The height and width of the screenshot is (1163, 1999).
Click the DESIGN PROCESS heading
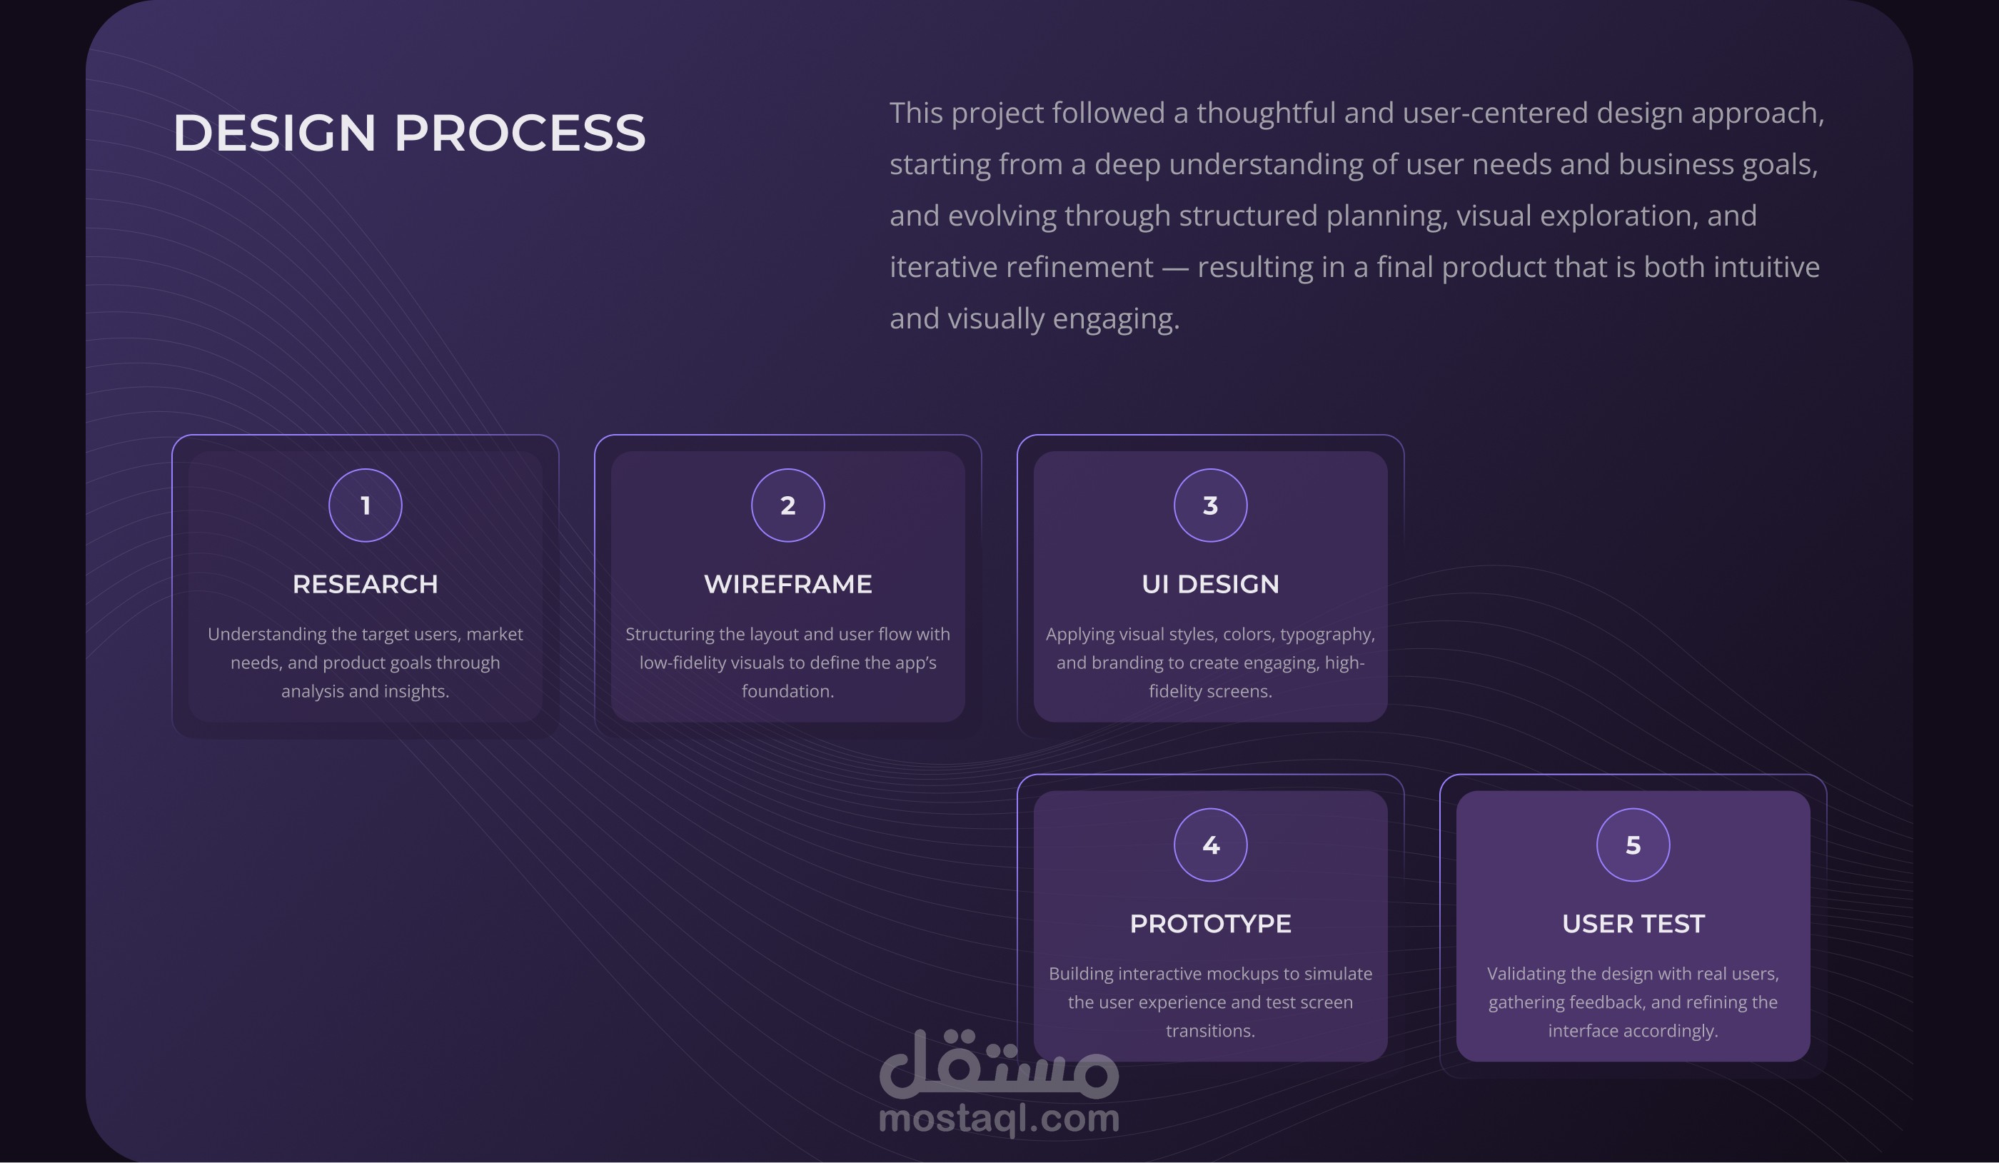[409, 133]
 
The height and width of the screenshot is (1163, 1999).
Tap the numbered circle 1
[366, 505]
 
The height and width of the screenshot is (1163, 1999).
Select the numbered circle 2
[787, 505]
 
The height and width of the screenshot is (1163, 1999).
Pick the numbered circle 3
[1211, 505]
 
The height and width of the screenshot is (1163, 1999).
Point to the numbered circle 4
[1211, 845]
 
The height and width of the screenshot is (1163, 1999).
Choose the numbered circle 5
[1633, 845]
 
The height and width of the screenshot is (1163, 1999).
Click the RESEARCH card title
[366, 584]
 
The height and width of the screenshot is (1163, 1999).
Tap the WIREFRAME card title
[787, 584]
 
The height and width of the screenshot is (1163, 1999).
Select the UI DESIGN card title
[1211, 584]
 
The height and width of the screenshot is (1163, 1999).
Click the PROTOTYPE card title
[1211, 923]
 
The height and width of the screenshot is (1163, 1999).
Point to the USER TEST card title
[1633, 923]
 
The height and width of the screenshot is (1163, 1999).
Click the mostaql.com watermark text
[999, 1119]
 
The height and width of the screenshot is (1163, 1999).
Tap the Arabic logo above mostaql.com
[999, 1063]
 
